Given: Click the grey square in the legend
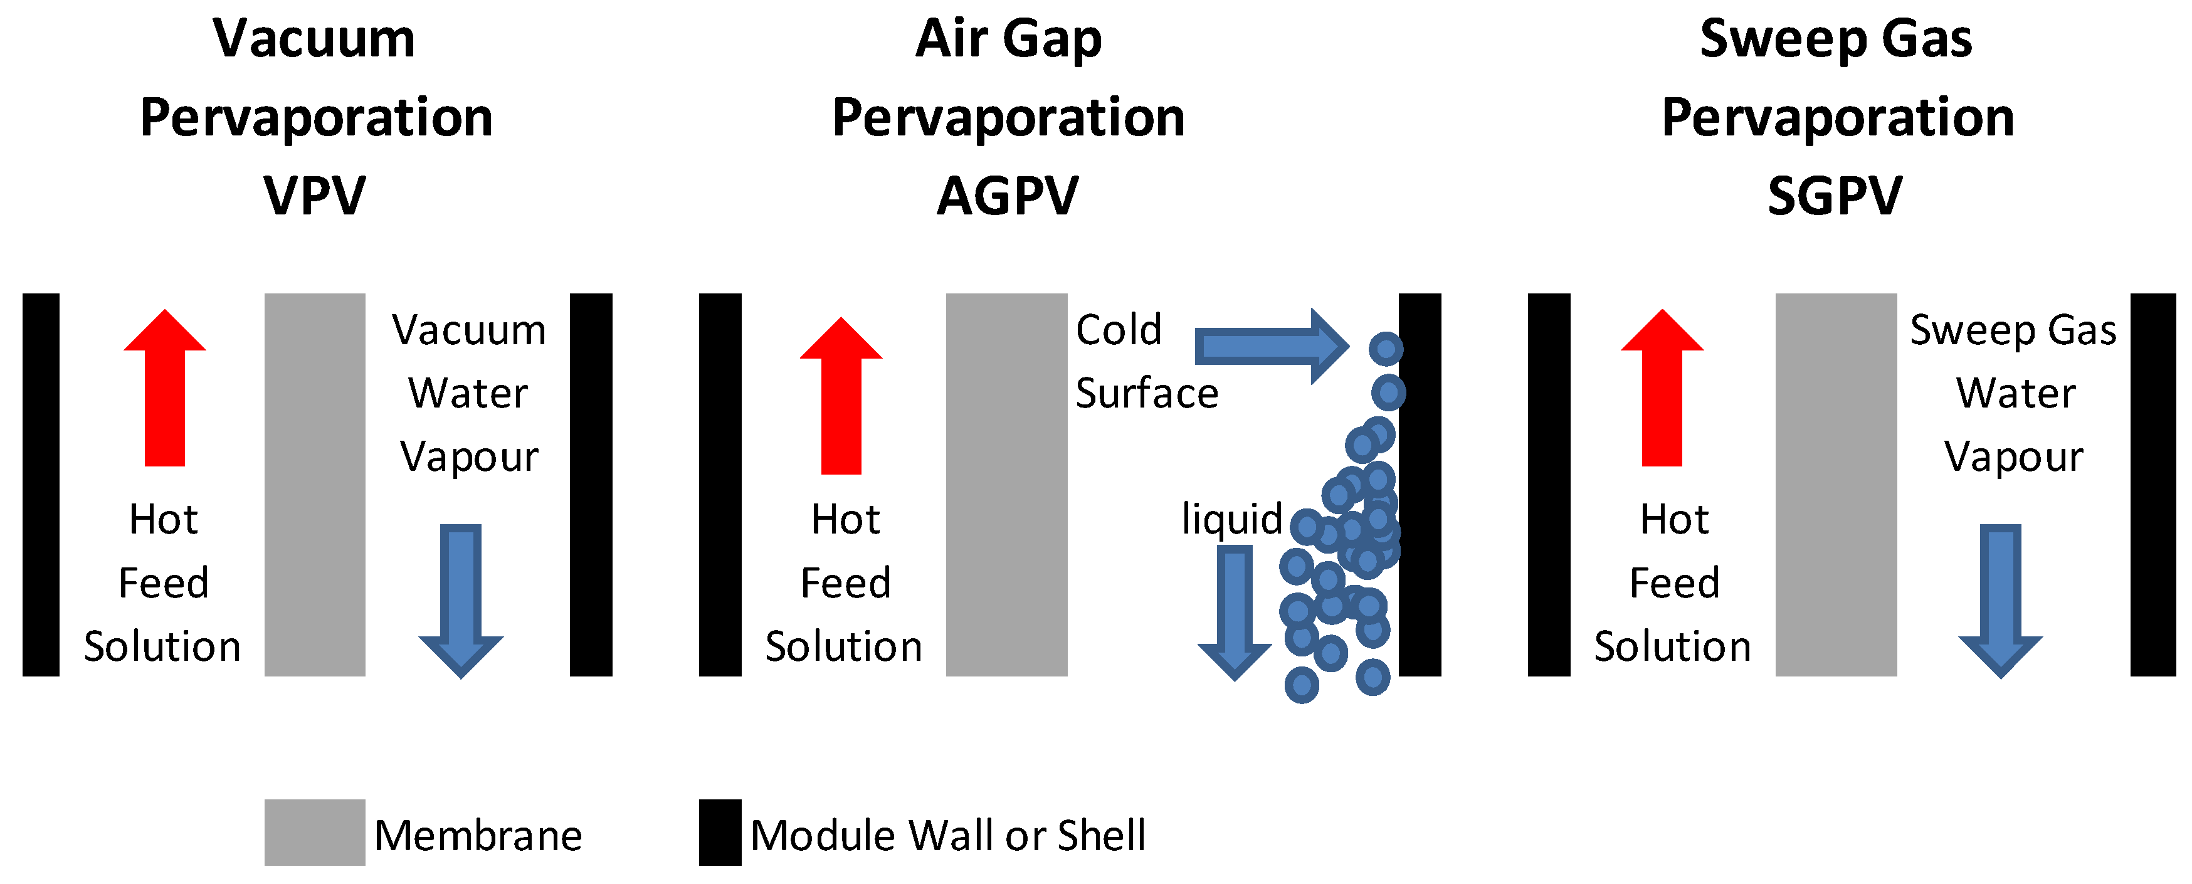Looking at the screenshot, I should pos(315,832).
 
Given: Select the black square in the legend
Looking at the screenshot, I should pos(720,832).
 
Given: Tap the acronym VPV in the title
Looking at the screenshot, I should pos(315,196).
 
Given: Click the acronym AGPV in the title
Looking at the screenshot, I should pos(1008,196).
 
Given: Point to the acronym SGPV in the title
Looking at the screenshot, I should pos(1835,196).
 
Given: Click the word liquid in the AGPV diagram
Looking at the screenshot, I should pos(1231,519).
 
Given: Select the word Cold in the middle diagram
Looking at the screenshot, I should pos(1118,330).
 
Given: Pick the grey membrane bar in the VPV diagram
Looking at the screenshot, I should pos(315,485).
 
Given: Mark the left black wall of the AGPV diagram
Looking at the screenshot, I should pos(720,485).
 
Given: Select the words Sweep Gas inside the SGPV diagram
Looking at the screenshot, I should pos(2013,330).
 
